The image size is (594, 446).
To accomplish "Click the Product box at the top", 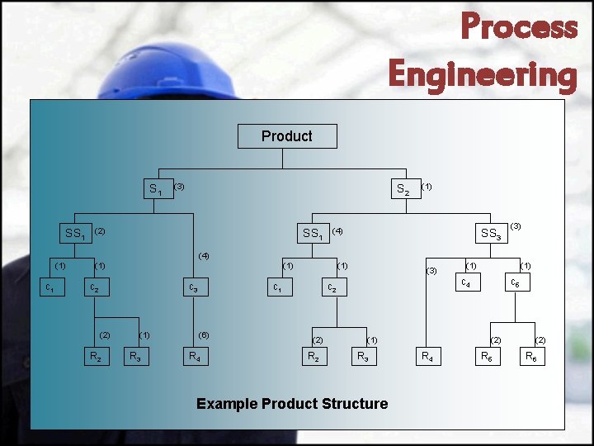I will click(x=286, y=136).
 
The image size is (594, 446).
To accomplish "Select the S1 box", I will click(x=155, y=189).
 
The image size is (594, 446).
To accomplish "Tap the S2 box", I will click(x=402, y=189).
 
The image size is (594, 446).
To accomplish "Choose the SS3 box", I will click(x=491, y=234).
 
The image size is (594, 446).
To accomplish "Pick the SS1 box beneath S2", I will click(x=313, y=234).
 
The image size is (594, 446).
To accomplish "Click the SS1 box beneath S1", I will click(x=75, y=234).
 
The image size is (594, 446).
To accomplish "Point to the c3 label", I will click(x=192, y=288).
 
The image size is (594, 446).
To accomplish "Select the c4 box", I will click(x=466, y=284).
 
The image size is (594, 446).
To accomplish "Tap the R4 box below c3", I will click(x=193, y=357).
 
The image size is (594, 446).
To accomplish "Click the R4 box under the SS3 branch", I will click(x=427, y=357).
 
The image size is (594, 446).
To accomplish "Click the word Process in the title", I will click(x=519, y=26).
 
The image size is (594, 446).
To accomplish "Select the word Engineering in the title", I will click(x=483, y=74).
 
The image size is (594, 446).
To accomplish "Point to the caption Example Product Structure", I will click(x=292, y=404).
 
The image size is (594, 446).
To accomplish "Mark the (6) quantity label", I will click(x=204, y=334).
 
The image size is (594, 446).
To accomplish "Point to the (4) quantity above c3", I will click(x=204, y=255).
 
